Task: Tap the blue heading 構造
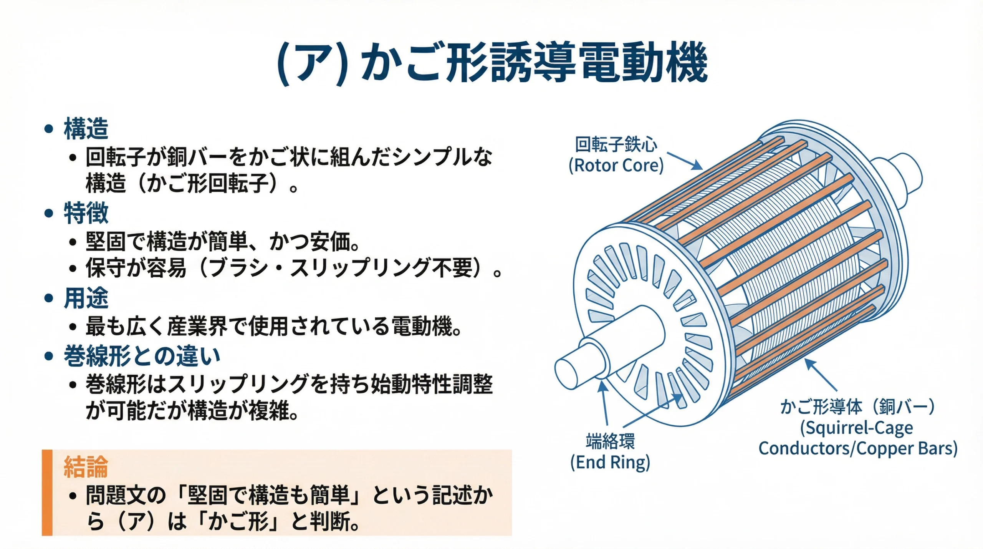(x=86, y=129)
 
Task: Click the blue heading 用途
(x=86, y=298)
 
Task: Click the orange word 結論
(x=86, y=467)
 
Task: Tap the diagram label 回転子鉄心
(x=616, y=145)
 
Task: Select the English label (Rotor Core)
(x=616, y=166)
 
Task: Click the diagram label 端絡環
(x=610, y=441)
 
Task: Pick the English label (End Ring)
(x=610, y=462)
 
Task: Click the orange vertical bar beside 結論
(x=47, y=493)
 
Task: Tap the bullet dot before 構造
(x=49, y=129)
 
